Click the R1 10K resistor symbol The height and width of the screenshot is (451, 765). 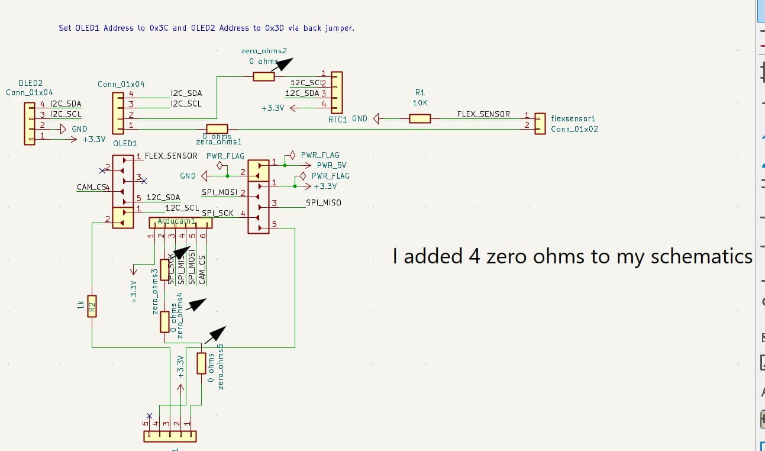pos(420,118)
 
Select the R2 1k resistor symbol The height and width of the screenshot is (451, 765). pos(92,305)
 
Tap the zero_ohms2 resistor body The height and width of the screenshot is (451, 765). pos(264,76)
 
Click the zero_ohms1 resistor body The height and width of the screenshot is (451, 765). pos(217,129)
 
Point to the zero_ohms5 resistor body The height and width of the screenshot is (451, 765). pos(202,363)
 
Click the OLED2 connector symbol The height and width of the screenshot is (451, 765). pos(30,123)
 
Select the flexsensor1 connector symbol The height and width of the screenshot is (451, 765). pos(539,123)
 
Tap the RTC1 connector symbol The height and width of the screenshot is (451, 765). pos(337,92)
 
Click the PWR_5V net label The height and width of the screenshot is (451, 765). pos(331,166)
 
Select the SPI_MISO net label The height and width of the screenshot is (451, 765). pos(323,203)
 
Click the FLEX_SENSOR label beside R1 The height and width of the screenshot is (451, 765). pos(483,114)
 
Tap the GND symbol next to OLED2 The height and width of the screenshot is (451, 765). pos(63,129)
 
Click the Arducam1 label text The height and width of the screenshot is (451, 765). pos(177,221)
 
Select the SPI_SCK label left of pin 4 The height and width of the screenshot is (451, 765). pos(218,213)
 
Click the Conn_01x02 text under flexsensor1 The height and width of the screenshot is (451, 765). pos(574,129)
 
